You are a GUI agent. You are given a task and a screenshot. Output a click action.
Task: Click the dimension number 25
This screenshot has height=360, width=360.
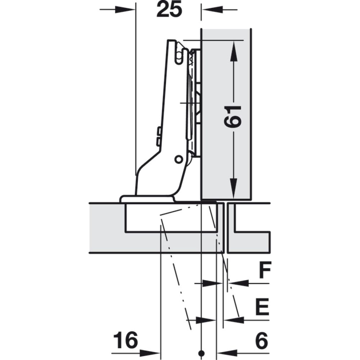click(169, 10)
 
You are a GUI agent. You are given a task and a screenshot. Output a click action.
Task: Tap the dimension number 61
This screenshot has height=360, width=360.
click(233, 117)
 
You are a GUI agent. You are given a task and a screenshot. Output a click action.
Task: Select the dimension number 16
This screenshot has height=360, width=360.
click(126, 340)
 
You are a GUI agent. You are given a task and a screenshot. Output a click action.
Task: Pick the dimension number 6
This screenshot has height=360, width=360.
click(261, 340)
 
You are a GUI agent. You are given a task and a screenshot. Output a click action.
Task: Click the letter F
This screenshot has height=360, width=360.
click(265, 270)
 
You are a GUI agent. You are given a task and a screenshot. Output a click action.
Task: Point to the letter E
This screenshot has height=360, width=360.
click(262, 306)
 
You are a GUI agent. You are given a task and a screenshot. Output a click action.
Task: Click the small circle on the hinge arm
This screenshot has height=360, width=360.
click(178, 159)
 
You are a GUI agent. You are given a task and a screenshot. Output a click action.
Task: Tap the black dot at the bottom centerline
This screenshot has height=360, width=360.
click(202, 353)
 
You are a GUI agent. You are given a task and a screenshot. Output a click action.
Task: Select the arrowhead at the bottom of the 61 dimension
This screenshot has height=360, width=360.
click(234, 188)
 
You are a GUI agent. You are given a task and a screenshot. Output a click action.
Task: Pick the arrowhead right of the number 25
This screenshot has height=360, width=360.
click(212, 10)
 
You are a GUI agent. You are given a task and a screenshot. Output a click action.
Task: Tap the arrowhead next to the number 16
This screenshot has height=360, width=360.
click(149, 353)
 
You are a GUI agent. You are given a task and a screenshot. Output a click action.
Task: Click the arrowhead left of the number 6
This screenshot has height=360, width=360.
click(227, 353)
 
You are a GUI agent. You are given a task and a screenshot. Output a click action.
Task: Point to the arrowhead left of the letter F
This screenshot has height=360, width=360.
click(239, 283)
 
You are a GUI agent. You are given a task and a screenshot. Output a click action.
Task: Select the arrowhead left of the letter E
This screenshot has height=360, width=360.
click(234, 320)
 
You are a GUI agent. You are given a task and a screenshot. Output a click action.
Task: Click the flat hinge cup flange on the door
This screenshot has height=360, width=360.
click(147, 199)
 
